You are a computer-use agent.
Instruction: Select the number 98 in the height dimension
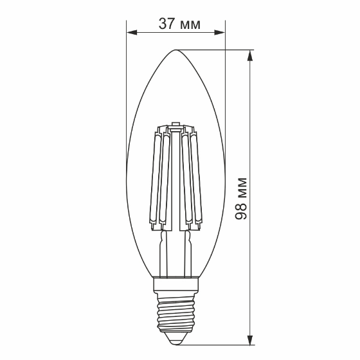[241, 211]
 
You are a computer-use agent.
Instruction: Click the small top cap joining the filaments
[176, 123]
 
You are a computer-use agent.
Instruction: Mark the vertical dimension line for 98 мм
[250, 129]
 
